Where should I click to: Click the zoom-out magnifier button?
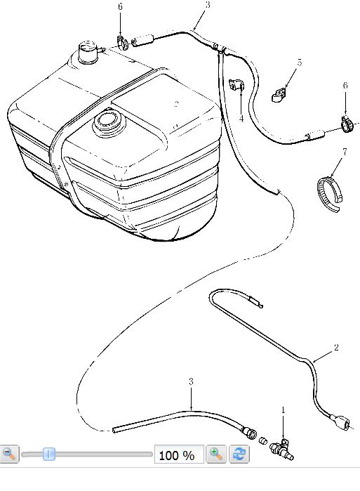pyautogui.click(x=9, y=454)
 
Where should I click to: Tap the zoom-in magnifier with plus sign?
pyautogui.click(x=216, y=454)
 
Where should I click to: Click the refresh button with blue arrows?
pyautogui.click(x=239, y=454)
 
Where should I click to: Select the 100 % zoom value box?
pyautogui.click(x=179, y=454)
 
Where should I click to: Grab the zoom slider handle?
pyautogui.click(x=49, y=454)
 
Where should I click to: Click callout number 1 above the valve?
pyautogui.click(x=284, y=410)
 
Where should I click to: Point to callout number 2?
pyautogui.click(x=336, y=348)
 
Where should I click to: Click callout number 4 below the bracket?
pyautogui.click(x=241, y=119)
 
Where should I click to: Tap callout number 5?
pyautogui.click(x=300, y=63)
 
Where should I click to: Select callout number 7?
pyautogui.click(x=345, y=152)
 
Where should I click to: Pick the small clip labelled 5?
pyautogui.click(x=278, y=95)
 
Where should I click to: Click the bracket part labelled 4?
pyautogui.click(x=236, y=85)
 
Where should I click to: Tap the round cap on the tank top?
pyautogui.click(x=107, y=122)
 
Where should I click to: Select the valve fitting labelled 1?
pyautogui.click(x=281, y=450)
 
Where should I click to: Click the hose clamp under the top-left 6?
pyautogui.click(x=123, y=43)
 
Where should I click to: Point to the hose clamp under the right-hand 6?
pyautogui.click(x=347, y=124)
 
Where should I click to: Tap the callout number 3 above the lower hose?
pyautogui.click(x=191, y=382)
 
